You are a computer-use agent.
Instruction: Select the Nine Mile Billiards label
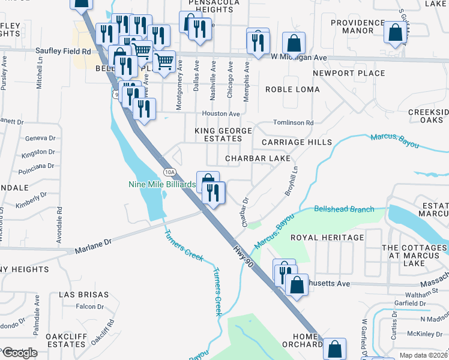coord(162,184)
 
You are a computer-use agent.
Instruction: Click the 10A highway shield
coord(170,172)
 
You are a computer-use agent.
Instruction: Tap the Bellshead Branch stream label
coord(344,209)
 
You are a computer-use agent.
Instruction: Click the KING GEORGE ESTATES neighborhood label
coord(221,135)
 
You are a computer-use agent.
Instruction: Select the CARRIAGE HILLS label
coord(297,142)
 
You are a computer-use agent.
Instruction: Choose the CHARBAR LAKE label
coord(258,158)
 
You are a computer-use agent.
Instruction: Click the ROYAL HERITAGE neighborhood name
coord(327,238)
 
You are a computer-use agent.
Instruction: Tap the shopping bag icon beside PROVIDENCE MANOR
coord(394,34)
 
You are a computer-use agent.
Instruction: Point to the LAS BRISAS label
coord(84,295)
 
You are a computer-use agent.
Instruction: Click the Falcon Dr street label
coord(90,307)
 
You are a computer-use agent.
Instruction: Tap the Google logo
coord(19,353)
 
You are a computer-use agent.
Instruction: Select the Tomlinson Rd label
coord(294,123)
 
